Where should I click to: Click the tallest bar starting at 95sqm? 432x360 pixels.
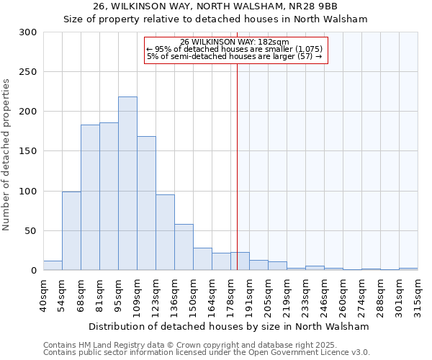(x=127, y=184)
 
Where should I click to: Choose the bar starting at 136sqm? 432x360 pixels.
(x=184, y=247)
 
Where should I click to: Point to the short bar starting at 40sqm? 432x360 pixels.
(x=53, y=266)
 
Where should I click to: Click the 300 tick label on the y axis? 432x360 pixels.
(x=28, y=32)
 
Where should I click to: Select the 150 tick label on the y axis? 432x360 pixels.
(x=28, y=151)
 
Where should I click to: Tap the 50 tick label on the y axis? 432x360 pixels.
(x=31, y=231)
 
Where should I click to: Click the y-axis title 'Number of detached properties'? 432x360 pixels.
(x=6, y=155)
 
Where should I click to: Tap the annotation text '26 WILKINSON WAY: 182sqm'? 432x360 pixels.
(x=235, y=42)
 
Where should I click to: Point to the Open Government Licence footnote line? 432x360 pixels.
(x=207, y=352)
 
